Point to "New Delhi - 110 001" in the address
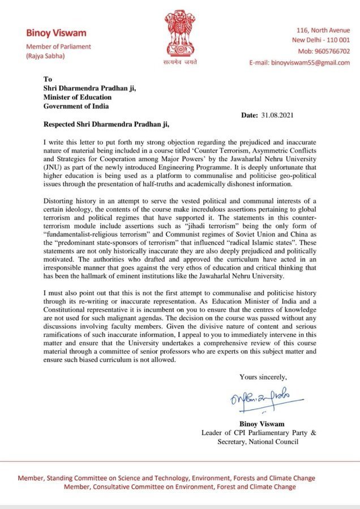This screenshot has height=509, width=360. click(321, 40)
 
